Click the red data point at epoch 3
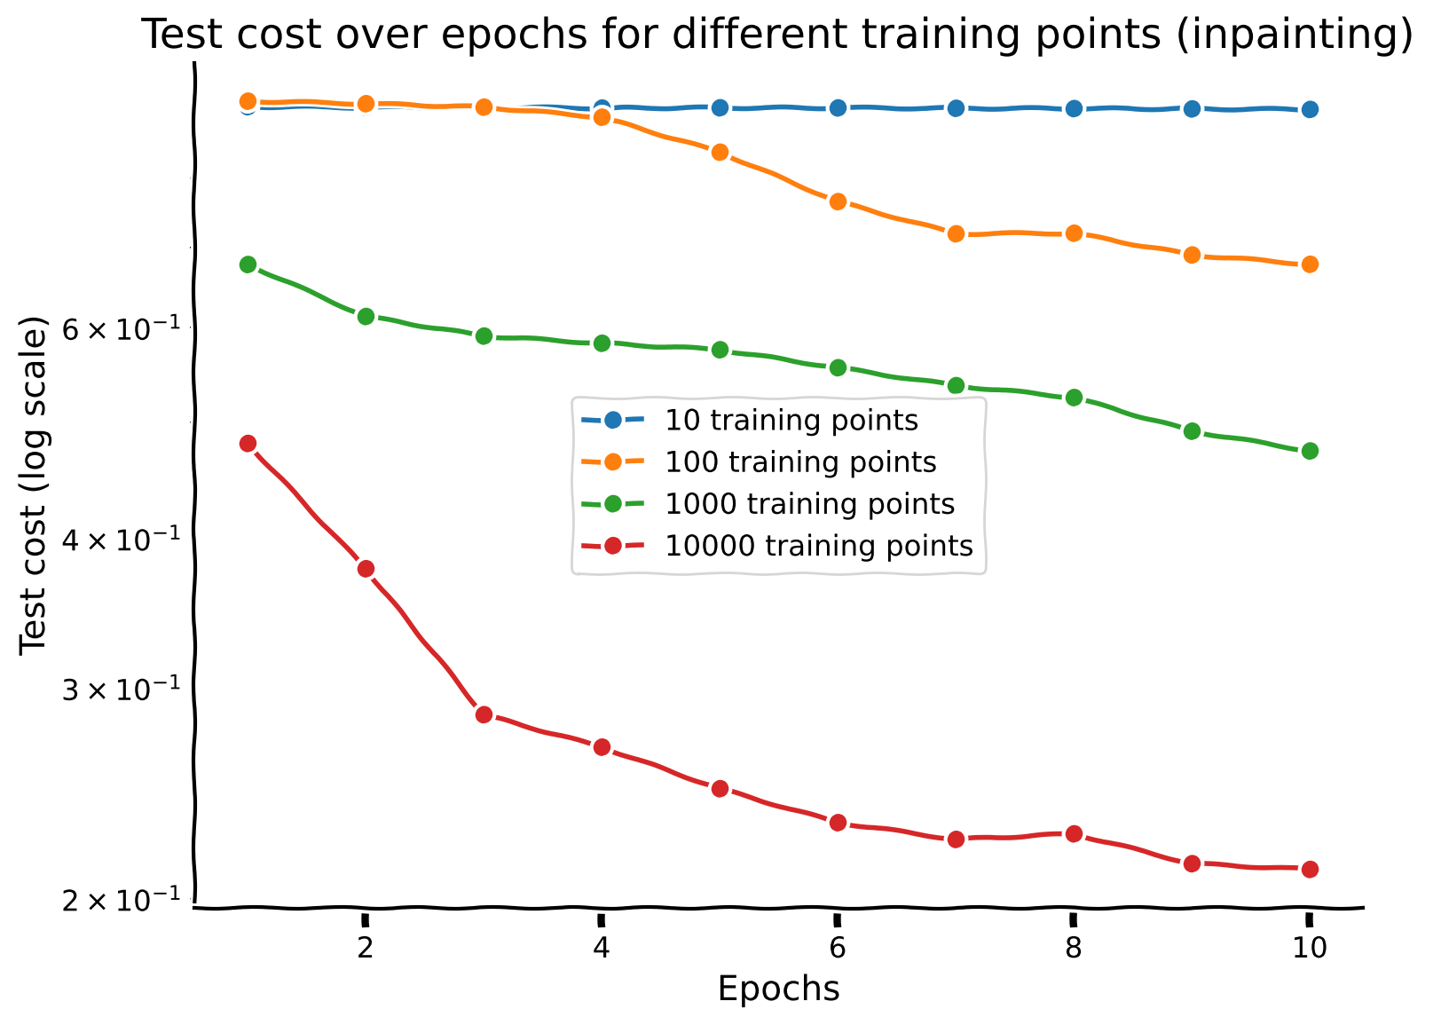coord(484,714)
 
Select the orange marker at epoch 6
coord(837,201)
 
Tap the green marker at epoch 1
coord(248,264)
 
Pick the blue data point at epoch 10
coord(1309,109)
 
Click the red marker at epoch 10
coord(1309,869)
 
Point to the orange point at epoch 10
coord(1309,264)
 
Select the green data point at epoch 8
coord(1073,397)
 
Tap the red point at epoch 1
coord(248,443)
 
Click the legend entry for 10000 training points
coord(818,546)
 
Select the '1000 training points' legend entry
coord(809,504)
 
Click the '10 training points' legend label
coord(791,420)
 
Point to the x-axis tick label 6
coord(837,949)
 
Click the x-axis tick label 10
coord(1309,949)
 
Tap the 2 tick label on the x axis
coord(365,949)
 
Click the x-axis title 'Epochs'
coord(778,989)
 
